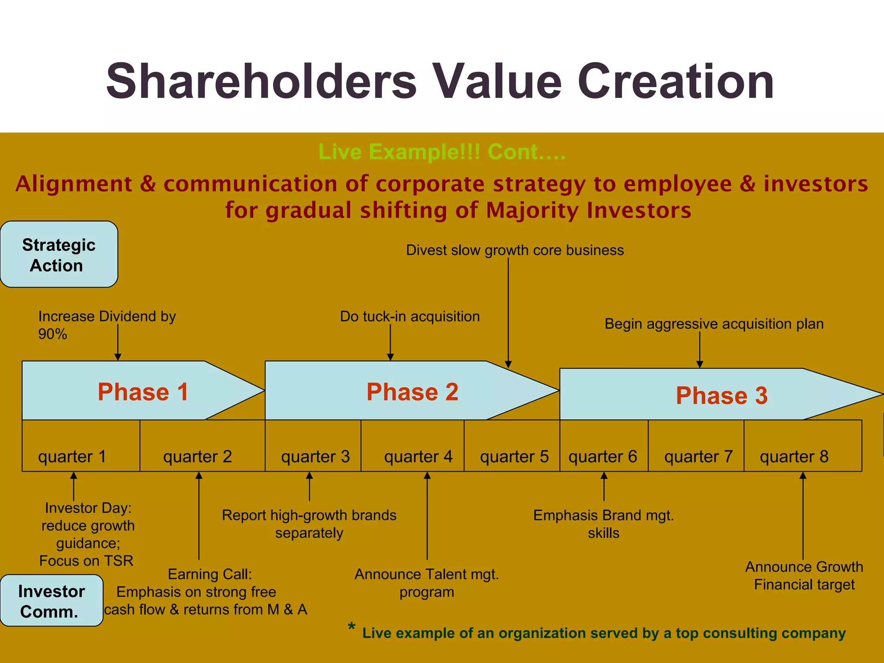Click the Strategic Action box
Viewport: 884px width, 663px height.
(59, 255)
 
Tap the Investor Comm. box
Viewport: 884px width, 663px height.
(51, 601)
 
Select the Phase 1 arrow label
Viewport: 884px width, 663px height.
(143, 392)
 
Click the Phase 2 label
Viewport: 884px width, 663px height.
(412, 392)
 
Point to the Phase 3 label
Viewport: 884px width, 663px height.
(721, 395)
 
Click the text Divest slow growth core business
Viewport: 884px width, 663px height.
(515, 250)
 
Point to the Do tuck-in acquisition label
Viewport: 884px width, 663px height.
(410, 316)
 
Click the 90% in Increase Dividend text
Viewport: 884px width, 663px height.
(53, 334)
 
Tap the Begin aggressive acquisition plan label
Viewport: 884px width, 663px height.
(714, 324)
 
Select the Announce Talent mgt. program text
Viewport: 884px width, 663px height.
(426, 583)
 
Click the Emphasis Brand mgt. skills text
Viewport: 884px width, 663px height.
(603, 524)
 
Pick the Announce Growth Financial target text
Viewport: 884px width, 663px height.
(804, 575)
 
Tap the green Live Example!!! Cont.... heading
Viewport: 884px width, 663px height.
(442, 152)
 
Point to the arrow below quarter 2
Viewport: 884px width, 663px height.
(199, 516)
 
